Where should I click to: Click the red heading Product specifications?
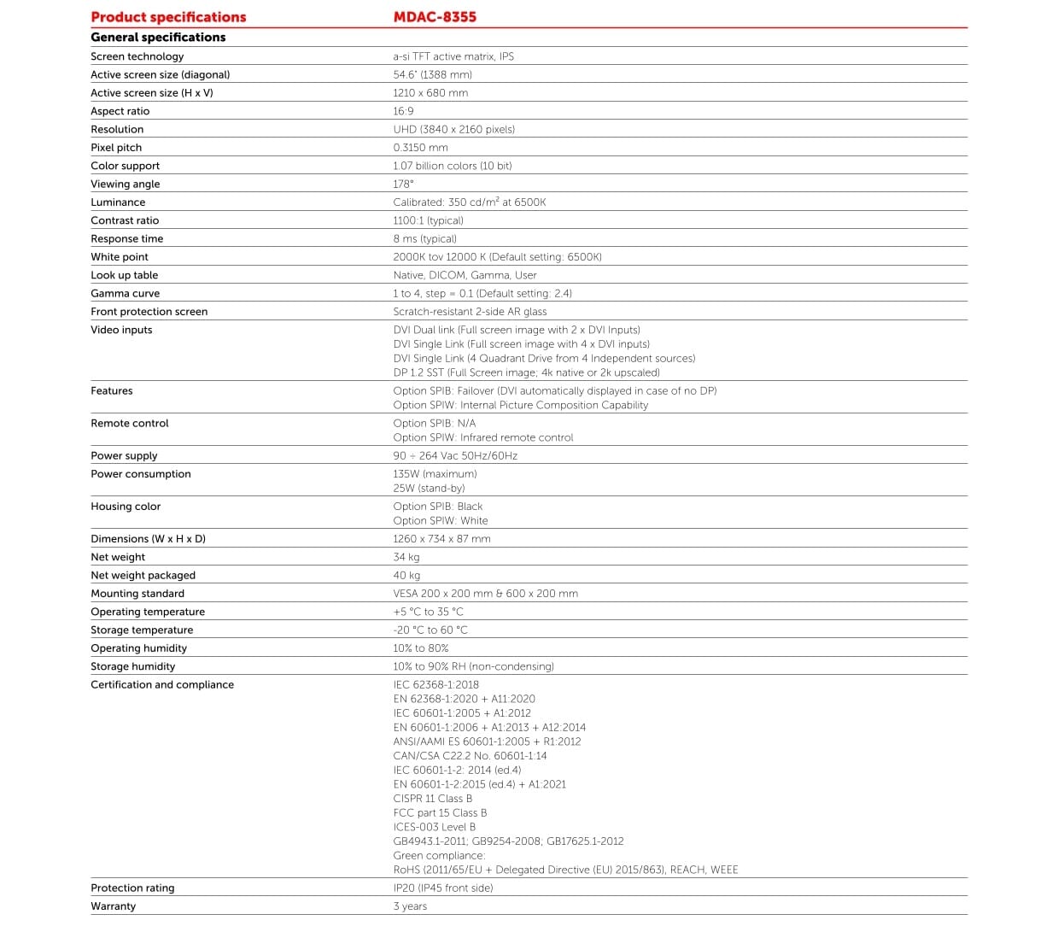pyautogui.click(x=168, y=17)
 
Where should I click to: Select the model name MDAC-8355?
pyautogui.click(x=435, y=17)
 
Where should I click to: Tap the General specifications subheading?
pyautogui.click(x=158, y=38)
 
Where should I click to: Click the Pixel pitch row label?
pyautogui.click(x=116, y=148)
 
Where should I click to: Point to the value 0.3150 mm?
pyautogui.click(x=420, y=148)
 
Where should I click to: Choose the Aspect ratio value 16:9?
pyautogui.click(x=403, y=111)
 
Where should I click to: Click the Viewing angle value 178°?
pyautogui.click(x=403, y=185)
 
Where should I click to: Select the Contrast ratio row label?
pyautogui.click(x=125, y=220)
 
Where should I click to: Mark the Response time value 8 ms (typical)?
pyautogui.click(x=424, y=239)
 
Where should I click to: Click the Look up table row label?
pyautogui.click(x=124, y=275)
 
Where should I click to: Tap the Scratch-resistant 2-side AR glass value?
pyautogui.click(x=470, y=312)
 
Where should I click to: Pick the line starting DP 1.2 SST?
pyautogui.click(x=526, y=372)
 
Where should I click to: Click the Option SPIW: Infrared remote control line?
pyautogui.click(x=482, y=437)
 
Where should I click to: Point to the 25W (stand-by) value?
pyautogui.click(x=429, y=489)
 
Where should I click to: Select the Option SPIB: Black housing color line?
pyautogui.click(x=437, y=507)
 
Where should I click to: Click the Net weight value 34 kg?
pyautogui.click(x=406, y=557)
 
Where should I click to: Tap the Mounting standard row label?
pyautogui.click(x=137, y=594)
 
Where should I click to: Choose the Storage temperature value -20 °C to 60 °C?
pyautogui.click(x=430, y=630)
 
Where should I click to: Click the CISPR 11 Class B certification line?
pyautogui.click(x=432, y=799)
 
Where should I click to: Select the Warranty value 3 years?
pyautogui.click(x=410, y=906)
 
